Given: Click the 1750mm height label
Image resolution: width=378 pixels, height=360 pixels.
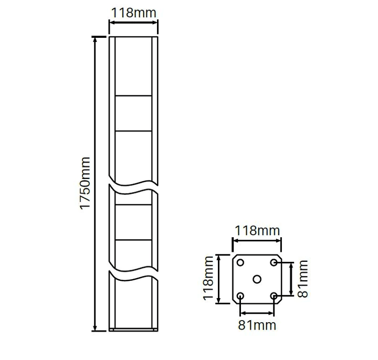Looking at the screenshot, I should [x=86, y=184].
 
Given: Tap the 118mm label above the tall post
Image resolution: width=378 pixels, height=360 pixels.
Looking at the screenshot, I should [x=134, y=13].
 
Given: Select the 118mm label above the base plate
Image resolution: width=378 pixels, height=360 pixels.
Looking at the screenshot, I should [x=257, y=230].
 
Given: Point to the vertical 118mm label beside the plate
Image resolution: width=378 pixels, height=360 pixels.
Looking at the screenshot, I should [x=208, y=279].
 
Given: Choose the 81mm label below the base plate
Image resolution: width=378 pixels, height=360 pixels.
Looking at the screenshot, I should [x=257, y=325].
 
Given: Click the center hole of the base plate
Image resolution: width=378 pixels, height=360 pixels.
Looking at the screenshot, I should [x=257, y=279].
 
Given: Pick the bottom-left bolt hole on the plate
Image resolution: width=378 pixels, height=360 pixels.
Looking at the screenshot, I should [x=240, y=296].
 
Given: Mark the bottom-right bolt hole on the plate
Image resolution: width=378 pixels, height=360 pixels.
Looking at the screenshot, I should [x=274, y=296].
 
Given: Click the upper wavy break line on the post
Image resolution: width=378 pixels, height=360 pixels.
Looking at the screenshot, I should [x=133, y=185].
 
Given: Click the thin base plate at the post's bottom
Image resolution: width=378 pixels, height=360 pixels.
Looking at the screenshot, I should [x=133, y=330].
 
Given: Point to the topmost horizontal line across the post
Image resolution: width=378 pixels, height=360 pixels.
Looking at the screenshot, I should [x=133, y=96].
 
